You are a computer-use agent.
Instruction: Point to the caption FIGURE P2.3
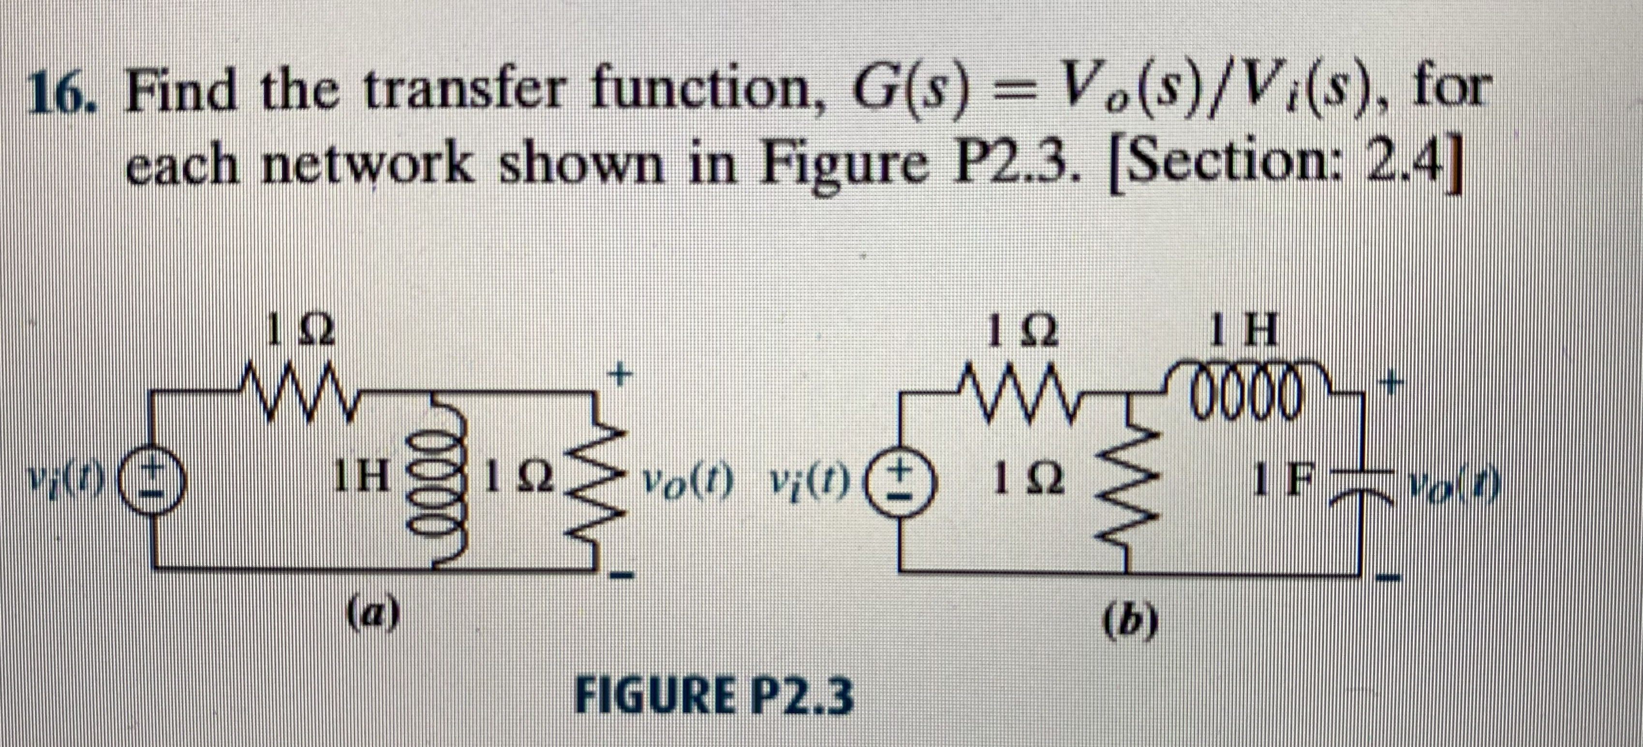click(714, 697)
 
